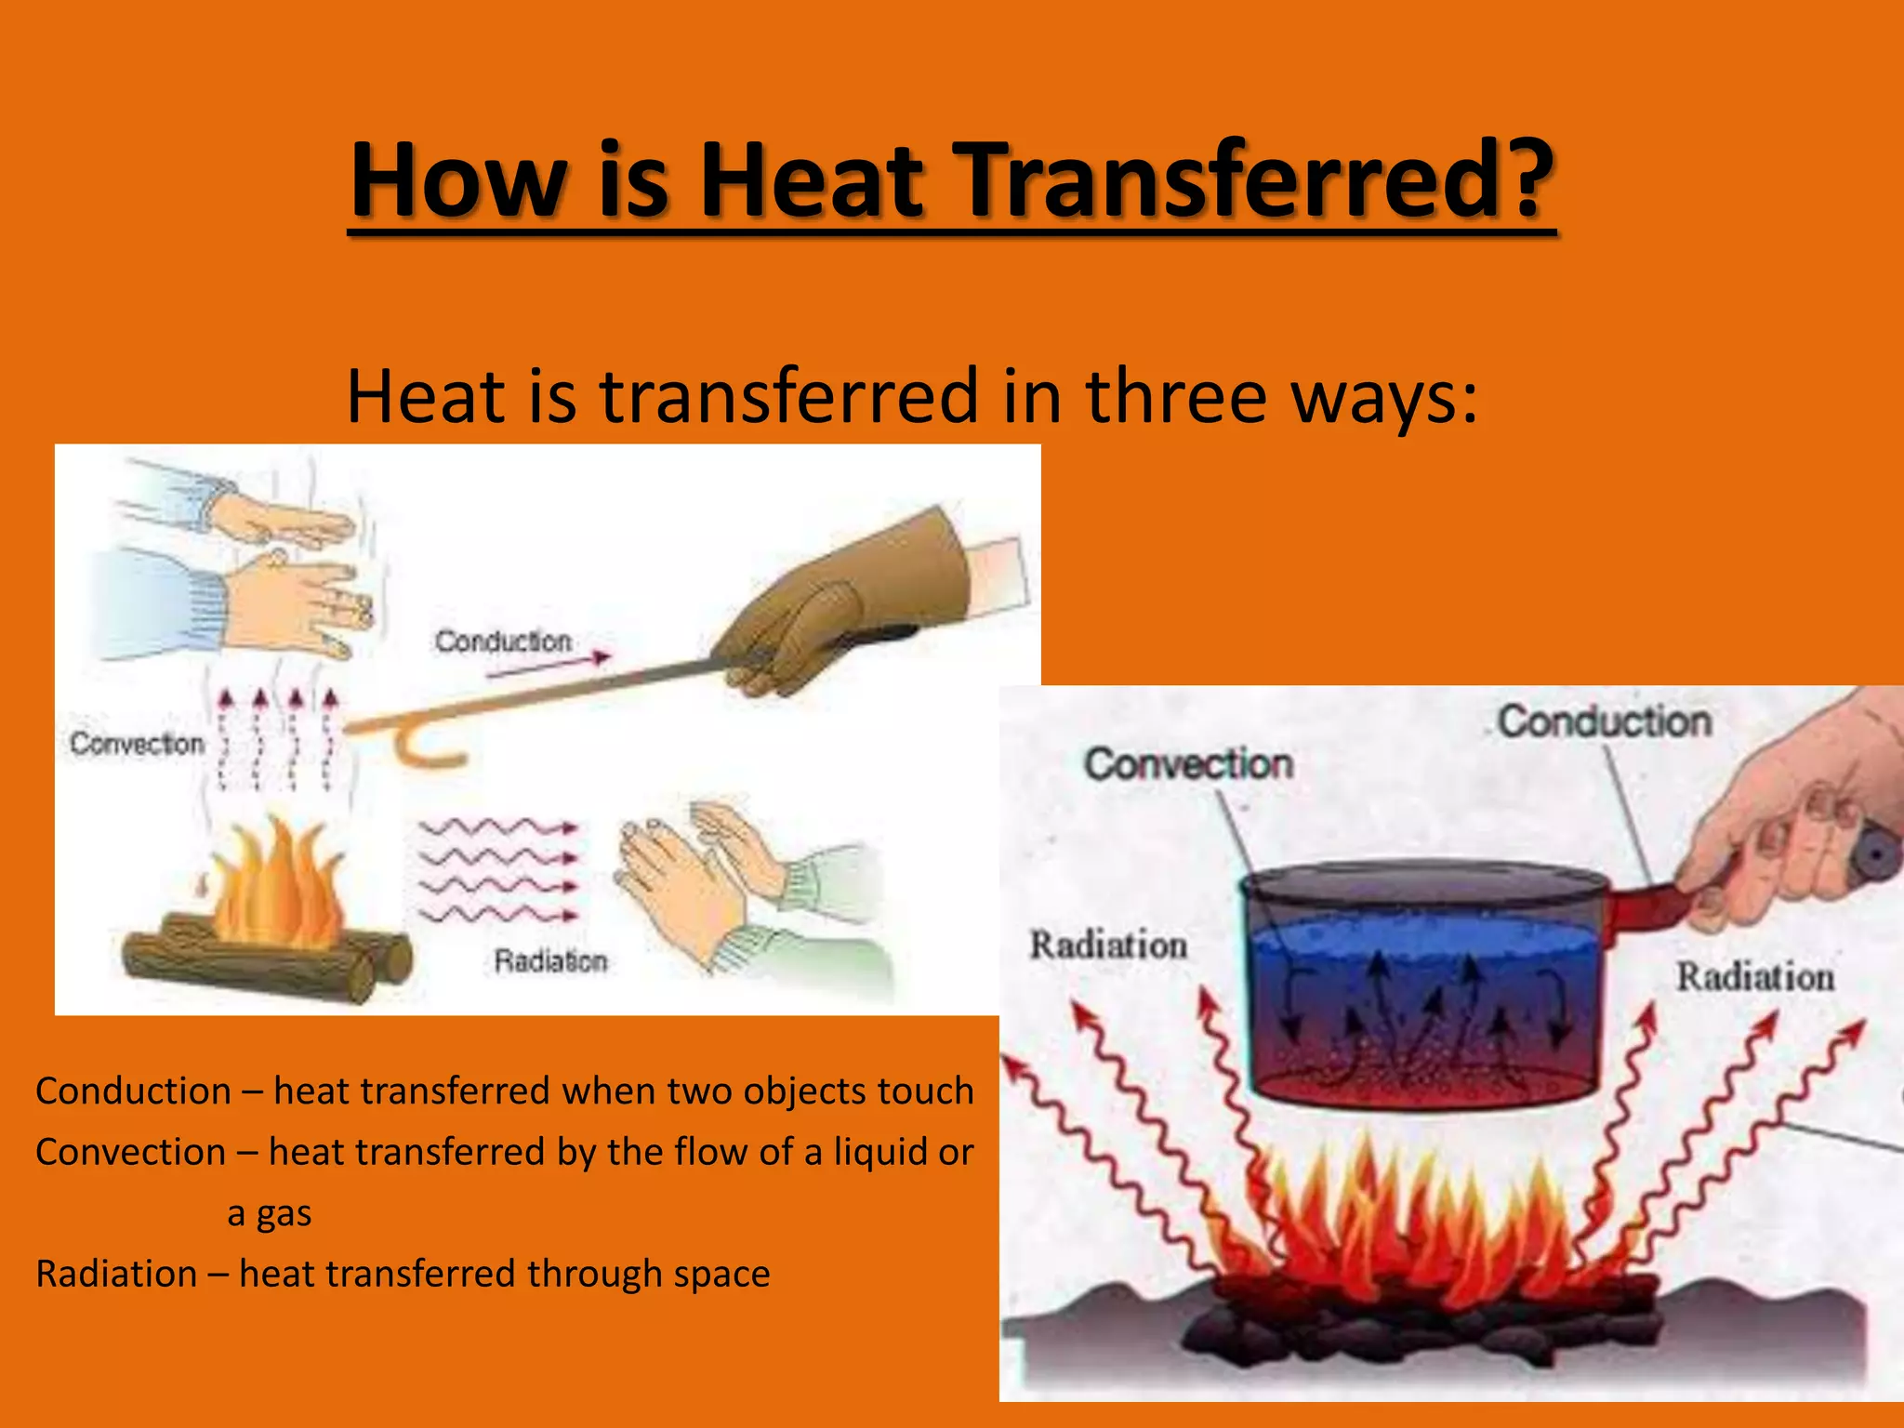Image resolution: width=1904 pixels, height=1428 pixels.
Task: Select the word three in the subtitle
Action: pyautogui.click(x=1176, y=396)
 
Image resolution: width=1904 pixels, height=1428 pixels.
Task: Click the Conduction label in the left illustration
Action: pyautogui.click(x=503, y=641)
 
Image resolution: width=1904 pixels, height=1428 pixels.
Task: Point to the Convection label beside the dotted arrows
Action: pyautogui.click(x=138, y=744)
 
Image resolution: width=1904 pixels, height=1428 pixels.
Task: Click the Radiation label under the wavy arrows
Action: pyautogui.click(x=550, y=960)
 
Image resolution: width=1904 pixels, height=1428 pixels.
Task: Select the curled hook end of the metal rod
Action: pyautogui.click(x=423, y=748)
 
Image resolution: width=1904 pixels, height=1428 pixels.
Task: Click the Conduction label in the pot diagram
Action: pyautogui.click(x=1605, y=721)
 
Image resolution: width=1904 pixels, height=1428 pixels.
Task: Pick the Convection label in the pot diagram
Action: pyautogui.click(x=1188, y=764)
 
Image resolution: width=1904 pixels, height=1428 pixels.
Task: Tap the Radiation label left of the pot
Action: pyautogui.click(x=1108, y=945)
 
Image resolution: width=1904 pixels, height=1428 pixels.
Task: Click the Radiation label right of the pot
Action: pyautogui.click(x=1755, y=977)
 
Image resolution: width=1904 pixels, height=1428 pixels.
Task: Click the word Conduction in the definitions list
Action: pyautogui.click(x=133, y=1091)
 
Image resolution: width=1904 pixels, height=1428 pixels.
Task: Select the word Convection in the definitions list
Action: pyautogui.click(x=130, y=1153)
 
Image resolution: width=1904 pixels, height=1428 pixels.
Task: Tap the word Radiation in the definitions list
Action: pyautogui.click(x=116, y=1275)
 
